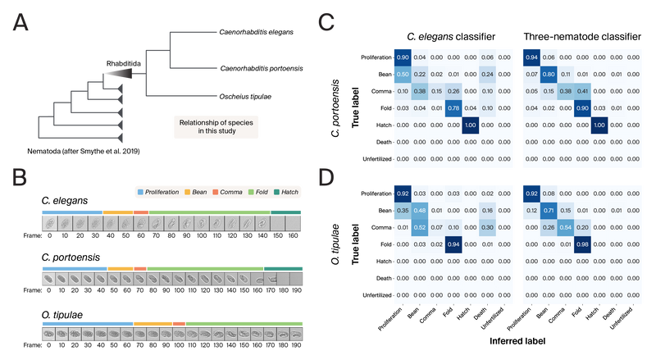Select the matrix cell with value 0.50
click(403, 74)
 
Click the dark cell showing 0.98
click(585, 244)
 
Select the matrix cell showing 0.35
click(403, 210)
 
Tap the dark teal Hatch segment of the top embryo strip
click(286, 212)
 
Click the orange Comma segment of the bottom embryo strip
click(179, 322)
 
